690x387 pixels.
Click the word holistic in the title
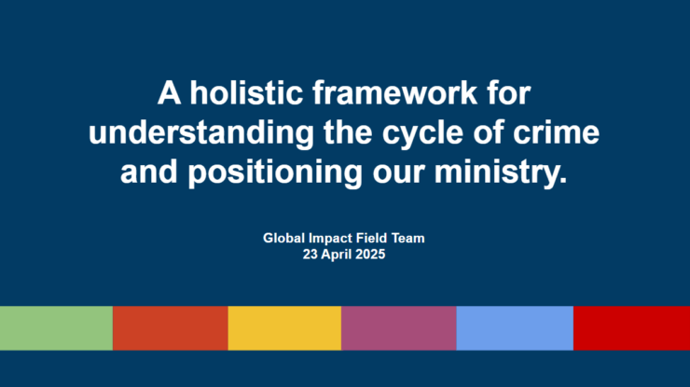(x=246, y=93)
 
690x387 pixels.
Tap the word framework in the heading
(x=394, y=93)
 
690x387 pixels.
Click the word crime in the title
(x=556, y=132)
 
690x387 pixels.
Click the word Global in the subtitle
(x=283, y=238)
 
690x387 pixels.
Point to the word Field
(x=372, y=238)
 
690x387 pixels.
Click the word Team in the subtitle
(x=407, y=238)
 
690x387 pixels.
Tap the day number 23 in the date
(x=310, y=255)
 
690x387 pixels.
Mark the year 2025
(x=370, y=255)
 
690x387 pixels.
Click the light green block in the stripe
(x=56, y=328)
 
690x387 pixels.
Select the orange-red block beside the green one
(x=171, y=328)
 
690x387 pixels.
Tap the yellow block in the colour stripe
(x=284, y=328)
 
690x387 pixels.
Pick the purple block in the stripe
(x=399, y=328)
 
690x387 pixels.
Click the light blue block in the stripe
(x=515, y=328)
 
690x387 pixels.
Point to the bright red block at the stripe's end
(x=631, y=328)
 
